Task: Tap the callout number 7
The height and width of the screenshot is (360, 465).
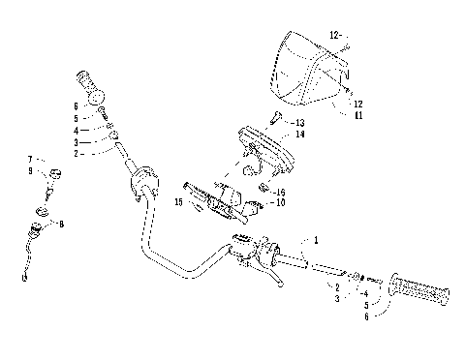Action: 30,159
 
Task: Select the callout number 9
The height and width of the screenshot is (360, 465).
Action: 30,171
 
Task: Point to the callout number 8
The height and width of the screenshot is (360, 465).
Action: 61,224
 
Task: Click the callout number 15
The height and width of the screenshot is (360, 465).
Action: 179,201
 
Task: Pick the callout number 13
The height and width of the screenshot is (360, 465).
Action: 300,123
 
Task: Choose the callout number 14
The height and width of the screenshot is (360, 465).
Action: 300,135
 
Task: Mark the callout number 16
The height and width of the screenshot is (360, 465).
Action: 280,193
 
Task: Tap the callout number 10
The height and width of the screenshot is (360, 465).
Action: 280,203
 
